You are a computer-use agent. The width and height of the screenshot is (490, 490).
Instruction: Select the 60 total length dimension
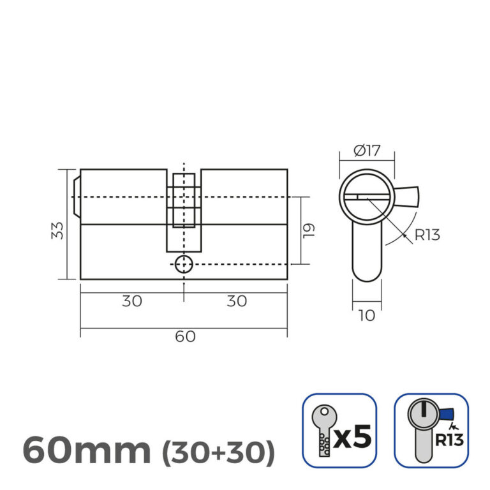[x=185, y=336]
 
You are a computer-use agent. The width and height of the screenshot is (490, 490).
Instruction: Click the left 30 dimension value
[x=132, y=301]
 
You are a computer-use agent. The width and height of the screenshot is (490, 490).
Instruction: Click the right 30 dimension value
[x=236, y=301]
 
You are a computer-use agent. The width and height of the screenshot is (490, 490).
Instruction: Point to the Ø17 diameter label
[x=366, y=151]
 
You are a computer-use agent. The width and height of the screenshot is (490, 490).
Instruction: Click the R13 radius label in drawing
[x=427, y=235]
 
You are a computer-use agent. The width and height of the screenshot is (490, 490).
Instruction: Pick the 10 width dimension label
[x=366, y=314]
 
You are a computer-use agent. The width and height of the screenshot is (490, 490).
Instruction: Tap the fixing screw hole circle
[x=184, y=264]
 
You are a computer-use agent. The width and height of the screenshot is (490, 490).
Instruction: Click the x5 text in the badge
[x=352, y=437]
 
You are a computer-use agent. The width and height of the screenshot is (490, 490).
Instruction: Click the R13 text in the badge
[x=450, y=440]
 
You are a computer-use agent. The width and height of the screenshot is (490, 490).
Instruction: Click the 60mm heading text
[x=87, y=451]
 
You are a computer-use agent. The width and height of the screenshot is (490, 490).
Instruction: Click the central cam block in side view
[x=184, y=207]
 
